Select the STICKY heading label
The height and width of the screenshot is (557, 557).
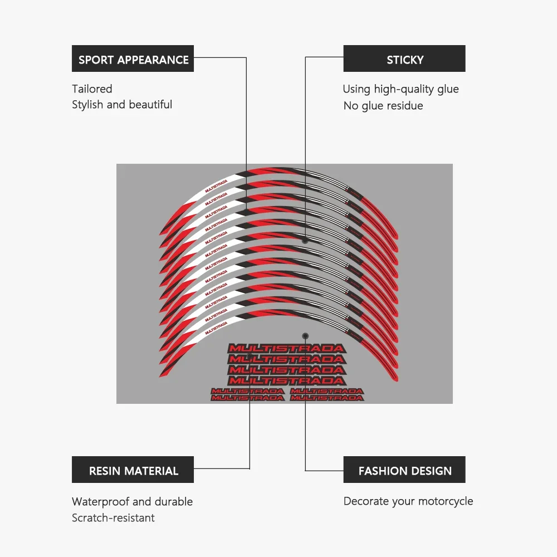point(405,60)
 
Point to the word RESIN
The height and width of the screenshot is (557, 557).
point(105,471)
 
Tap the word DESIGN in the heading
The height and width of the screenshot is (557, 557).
point(429,471)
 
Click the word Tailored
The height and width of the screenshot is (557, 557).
point(92,89)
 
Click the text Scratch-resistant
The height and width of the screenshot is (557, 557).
point(113,518)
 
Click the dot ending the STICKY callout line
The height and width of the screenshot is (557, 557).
point(305,241)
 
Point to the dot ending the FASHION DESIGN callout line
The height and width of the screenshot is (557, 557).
point(305,336)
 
